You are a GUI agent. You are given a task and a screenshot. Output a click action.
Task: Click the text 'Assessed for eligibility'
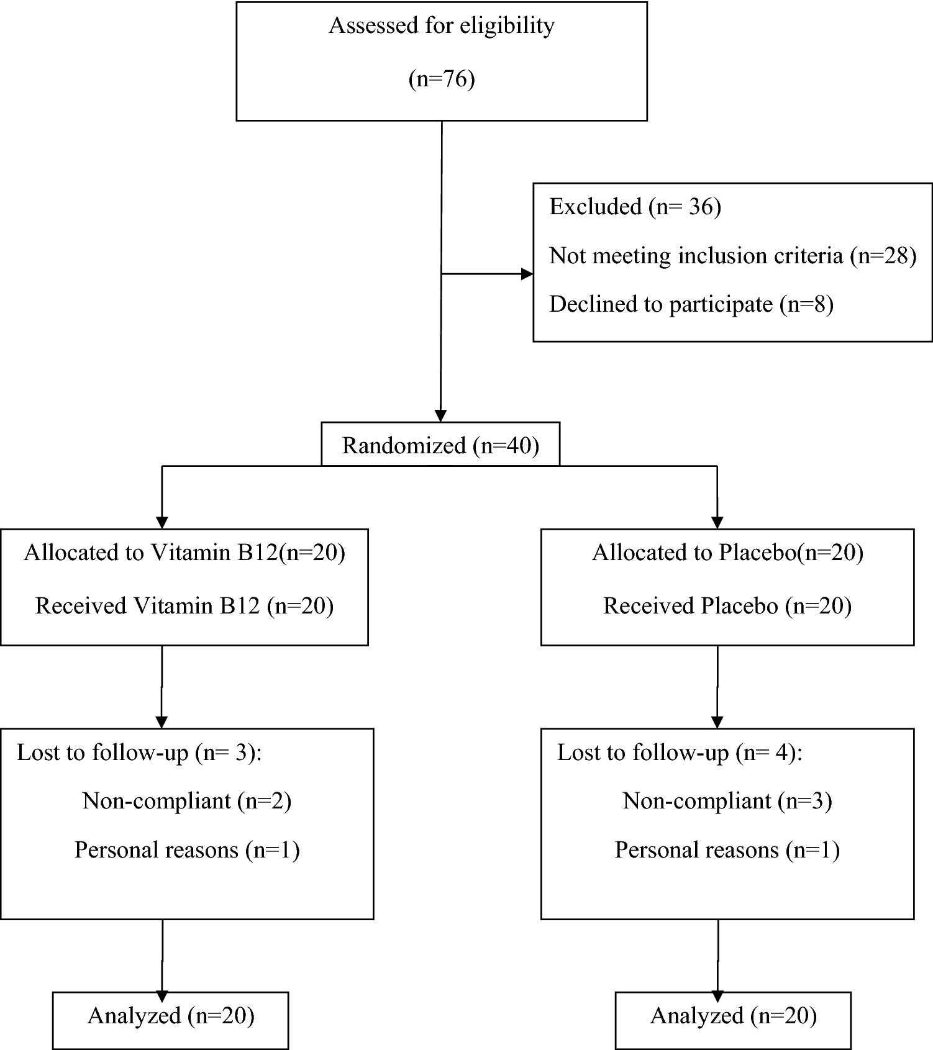click(441, 26)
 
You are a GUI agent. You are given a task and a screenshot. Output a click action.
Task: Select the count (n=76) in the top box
click(441, 79)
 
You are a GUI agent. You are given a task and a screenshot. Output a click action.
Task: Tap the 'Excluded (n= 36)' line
click(635, 207)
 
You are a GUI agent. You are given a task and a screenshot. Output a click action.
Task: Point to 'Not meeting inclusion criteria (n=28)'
click(732, 255)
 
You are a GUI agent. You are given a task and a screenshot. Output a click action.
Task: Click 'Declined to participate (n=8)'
click(691, 304)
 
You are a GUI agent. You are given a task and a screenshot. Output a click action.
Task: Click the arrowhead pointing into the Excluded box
click(526, 274)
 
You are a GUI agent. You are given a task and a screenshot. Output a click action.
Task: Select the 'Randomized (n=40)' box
click(440, 445)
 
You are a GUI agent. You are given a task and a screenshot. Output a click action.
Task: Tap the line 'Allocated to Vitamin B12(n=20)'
click(184, 553)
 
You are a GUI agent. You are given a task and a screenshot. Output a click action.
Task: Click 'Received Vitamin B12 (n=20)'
click(184, 606)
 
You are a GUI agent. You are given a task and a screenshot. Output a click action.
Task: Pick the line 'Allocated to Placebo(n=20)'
click(727, 553)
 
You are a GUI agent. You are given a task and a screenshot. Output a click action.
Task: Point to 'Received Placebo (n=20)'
click(727, 606)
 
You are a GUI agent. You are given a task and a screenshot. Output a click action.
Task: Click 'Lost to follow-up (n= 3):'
click(139, 753)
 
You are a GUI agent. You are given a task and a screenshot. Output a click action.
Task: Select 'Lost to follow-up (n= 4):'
click(680, 753)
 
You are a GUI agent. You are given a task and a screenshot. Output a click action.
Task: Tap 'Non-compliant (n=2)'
click(187, 801)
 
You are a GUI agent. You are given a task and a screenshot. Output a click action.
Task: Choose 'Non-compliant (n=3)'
click(727, 801)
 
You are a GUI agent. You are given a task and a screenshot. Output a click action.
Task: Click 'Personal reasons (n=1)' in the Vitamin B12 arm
click(187, 850)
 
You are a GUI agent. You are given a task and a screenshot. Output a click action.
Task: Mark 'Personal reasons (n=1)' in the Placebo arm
click(727, 850)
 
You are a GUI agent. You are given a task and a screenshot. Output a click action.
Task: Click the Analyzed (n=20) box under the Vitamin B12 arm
click(171, 1016)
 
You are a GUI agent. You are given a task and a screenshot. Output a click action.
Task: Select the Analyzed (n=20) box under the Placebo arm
click(733, 1016)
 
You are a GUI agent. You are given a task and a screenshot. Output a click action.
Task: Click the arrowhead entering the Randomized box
click(440, 415)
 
